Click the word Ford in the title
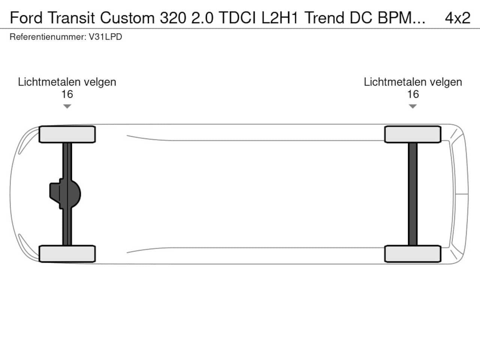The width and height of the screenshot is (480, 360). (26, 18)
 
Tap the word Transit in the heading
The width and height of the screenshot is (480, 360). (72, 18)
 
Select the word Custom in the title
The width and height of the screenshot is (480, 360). (127, 18)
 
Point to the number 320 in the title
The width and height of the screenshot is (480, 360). (173, 18)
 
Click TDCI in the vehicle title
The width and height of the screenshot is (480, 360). (237, 18)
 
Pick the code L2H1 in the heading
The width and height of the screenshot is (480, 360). (280, 18)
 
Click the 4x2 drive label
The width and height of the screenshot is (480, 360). (457, 18)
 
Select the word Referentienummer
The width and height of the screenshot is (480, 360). (48, 37)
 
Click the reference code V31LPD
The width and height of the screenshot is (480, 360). (105, 37)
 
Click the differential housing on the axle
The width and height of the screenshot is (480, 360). (65, 194)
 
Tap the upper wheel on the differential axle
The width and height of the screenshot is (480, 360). (67, 134)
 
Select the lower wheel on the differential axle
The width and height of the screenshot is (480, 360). (67, 253)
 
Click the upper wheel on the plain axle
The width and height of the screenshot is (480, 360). (413, 134)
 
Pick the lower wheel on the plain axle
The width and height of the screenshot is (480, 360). (413, 253)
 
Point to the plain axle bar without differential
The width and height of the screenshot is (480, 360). (412, 194)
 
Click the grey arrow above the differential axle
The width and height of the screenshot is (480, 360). (67, 106)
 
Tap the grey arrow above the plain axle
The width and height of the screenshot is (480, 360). (412, 106)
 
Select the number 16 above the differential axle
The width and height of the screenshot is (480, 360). (67, 94)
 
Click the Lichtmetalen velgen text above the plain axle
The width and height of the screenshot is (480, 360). (413, 82)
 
